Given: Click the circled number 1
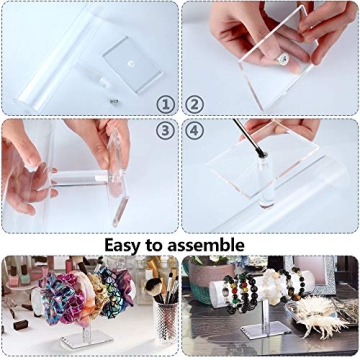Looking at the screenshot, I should (x=162, y=104).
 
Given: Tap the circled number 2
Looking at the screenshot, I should (x=195, y=104).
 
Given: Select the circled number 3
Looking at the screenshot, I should (x=162, y=131).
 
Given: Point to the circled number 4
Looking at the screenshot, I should (x=195, y=131).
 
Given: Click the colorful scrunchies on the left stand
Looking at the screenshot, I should (x=85, y=289).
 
